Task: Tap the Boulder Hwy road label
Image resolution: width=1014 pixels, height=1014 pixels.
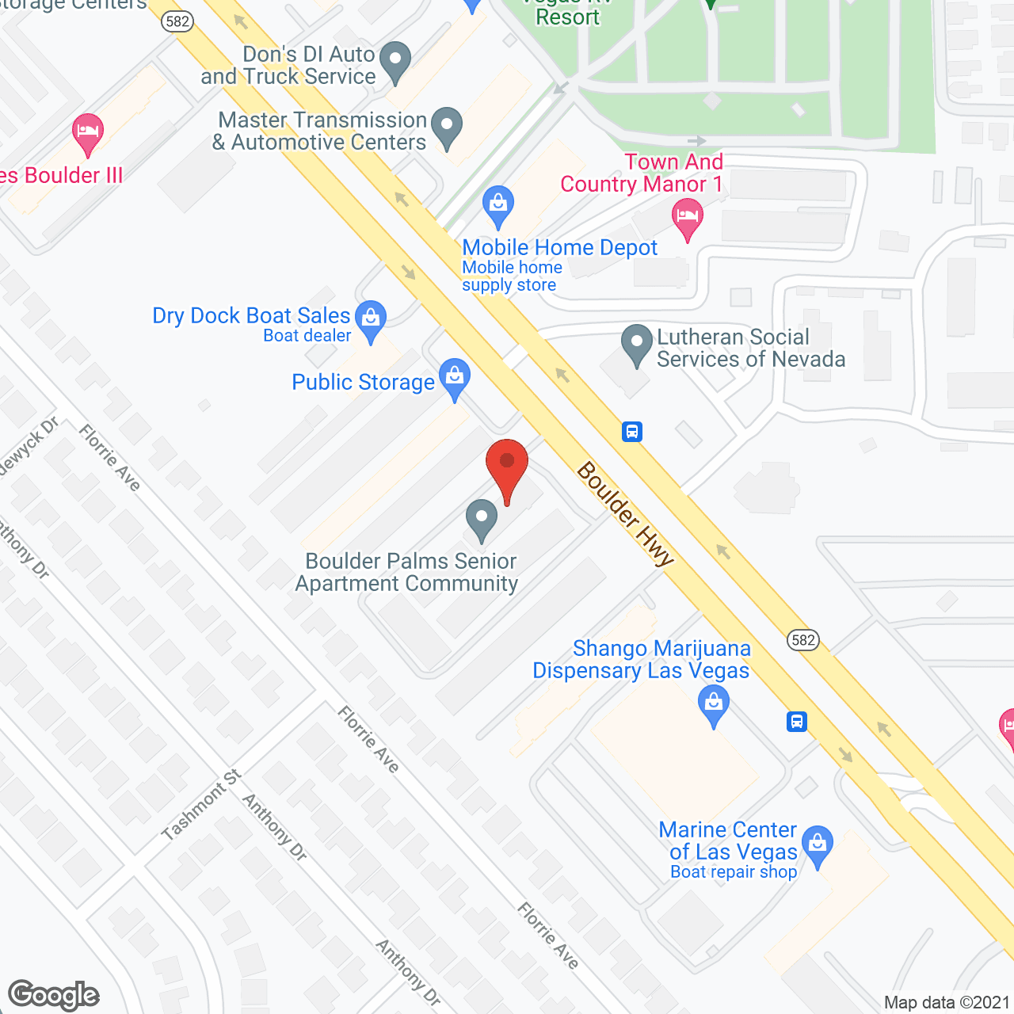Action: point(625,514)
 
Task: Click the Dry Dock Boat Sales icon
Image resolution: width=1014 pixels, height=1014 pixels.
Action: point(370,318)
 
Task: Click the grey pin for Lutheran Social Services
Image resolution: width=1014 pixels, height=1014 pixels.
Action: point(636,344)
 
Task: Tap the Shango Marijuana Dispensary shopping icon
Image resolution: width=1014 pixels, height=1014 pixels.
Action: point(714,704)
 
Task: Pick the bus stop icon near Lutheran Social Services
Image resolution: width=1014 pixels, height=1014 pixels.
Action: point(631,432)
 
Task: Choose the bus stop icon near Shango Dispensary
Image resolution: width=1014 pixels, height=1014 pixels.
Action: point(797,722)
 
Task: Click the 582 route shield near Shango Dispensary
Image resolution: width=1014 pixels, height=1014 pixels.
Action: point(802,640)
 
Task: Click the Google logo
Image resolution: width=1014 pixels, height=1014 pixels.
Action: point(54,995)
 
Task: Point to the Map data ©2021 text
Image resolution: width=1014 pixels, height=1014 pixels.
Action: point(947,1002)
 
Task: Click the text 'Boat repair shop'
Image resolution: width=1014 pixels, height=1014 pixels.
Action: point(734,872)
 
